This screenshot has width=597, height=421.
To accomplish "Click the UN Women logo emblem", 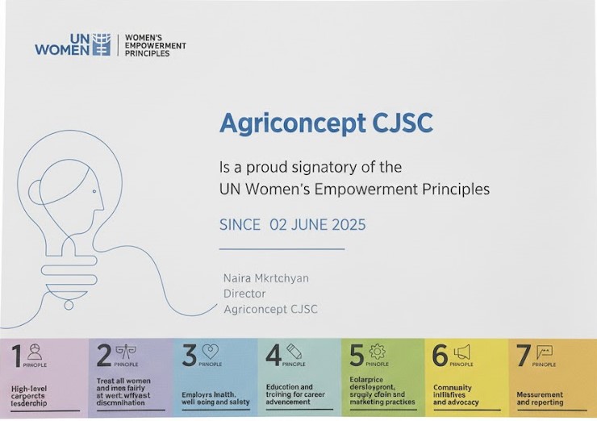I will click(x=100, y=44).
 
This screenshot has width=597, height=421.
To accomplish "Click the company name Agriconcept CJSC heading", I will click(x=326, y=123).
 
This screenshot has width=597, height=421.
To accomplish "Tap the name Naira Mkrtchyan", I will click(x=265, y=278).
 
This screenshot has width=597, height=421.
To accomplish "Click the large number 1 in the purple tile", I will click(x=16, y=356).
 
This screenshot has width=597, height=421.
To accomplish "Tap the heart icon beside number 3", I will click(x=211, y=352).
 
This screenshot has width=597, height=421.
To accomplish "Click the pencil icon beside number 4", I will click(x=294, y=351).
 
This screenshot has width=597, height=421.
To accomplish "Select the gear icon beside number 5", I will click(x=377, y=352).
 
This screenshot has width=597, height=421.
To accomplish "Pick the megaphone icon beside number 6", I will click(x=461, y=352).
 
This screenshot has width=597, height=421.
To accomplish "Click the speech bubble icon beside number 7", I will click(x=545, y=352).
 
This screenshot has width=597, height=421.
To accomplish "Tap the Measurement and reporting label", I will click(x=540, y=398).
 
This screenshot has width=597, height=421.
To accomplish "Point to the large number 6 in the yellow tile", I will click(x=440, y=356).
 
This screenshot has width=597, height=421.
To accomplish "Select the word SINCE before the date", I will click(x=240, y=224).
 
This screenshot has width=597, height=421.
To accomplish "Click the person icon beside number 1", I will click(x=35, y=352).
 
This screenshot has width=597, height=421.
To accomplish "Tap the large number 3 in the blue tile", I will click(x=190, y=356).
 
